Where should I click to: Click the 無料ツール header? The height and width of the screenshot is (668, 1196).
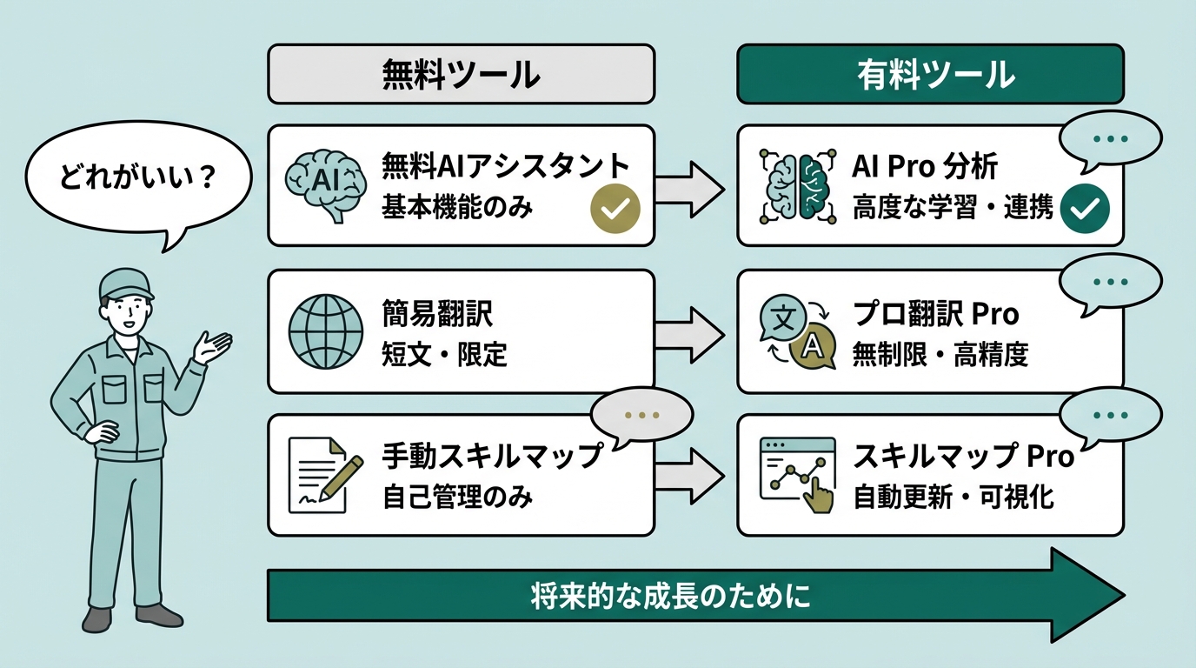[x=461, y=76]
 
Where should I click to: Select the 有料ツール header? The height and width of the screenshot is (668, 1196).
[x=930, y=76]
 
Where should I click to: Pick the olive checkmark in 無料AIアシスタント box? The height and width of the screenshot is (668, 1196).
[x=615, y=209]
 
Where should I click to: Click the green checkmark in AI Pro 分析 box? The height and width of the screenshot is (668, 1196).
[x=1085, y=208]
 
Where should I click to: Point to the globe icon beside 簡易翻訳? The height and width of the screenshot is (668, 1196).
[x=324, y=331]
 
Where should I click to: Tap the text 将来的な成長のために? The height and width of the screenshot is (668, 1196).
[x=669, y=598]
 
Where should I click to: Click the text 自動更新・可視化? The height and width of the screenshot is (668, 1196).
[x=953, y=497]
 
